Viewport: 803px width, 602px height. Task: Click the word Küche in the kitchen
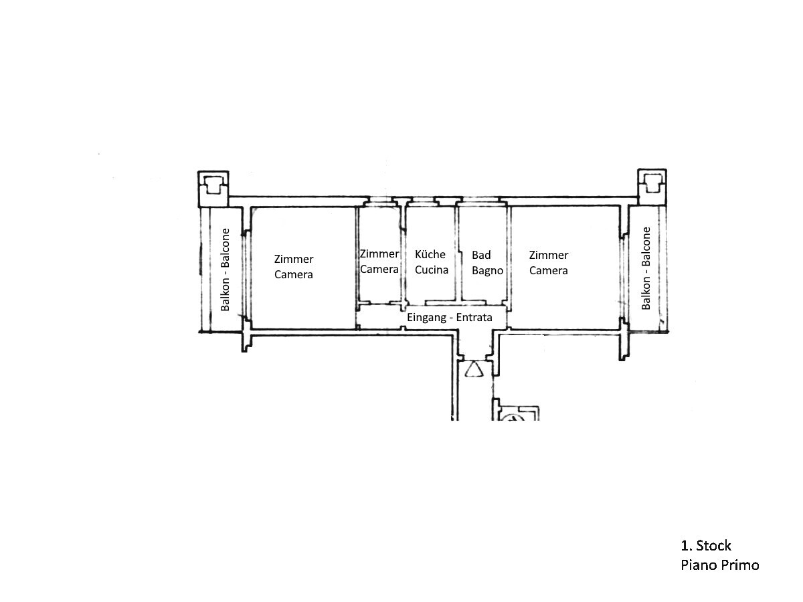430,255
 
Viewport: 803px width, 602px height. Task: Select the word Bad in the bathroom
481,255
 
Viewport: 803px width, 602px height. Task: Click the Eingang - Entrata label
450,318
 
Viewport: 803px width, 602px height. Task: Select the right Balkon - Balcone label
646,268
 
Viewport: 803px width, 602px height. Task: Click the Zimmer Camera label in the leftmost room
294,266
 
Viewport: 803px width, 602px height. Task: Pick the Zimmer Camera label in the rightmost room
548,262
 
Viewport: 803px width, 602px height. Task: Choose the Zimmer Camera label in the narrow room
379,262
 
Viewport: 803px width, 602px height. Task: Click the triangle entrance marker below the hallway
475,369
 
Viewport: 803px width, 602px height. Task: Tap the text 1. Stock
706,545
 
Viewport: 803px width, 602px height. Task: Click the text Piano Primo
720,565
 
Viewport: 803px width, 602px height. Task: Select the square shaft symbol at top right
651,185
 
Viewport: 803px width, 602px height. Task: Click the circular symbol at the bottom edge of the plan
514,418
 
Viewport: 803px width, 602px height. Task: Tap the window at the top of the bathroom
478,201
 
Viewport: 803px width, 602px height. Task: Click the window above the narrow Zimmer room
379,201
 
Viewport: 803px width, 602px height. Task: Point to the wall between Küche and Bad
457,254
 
